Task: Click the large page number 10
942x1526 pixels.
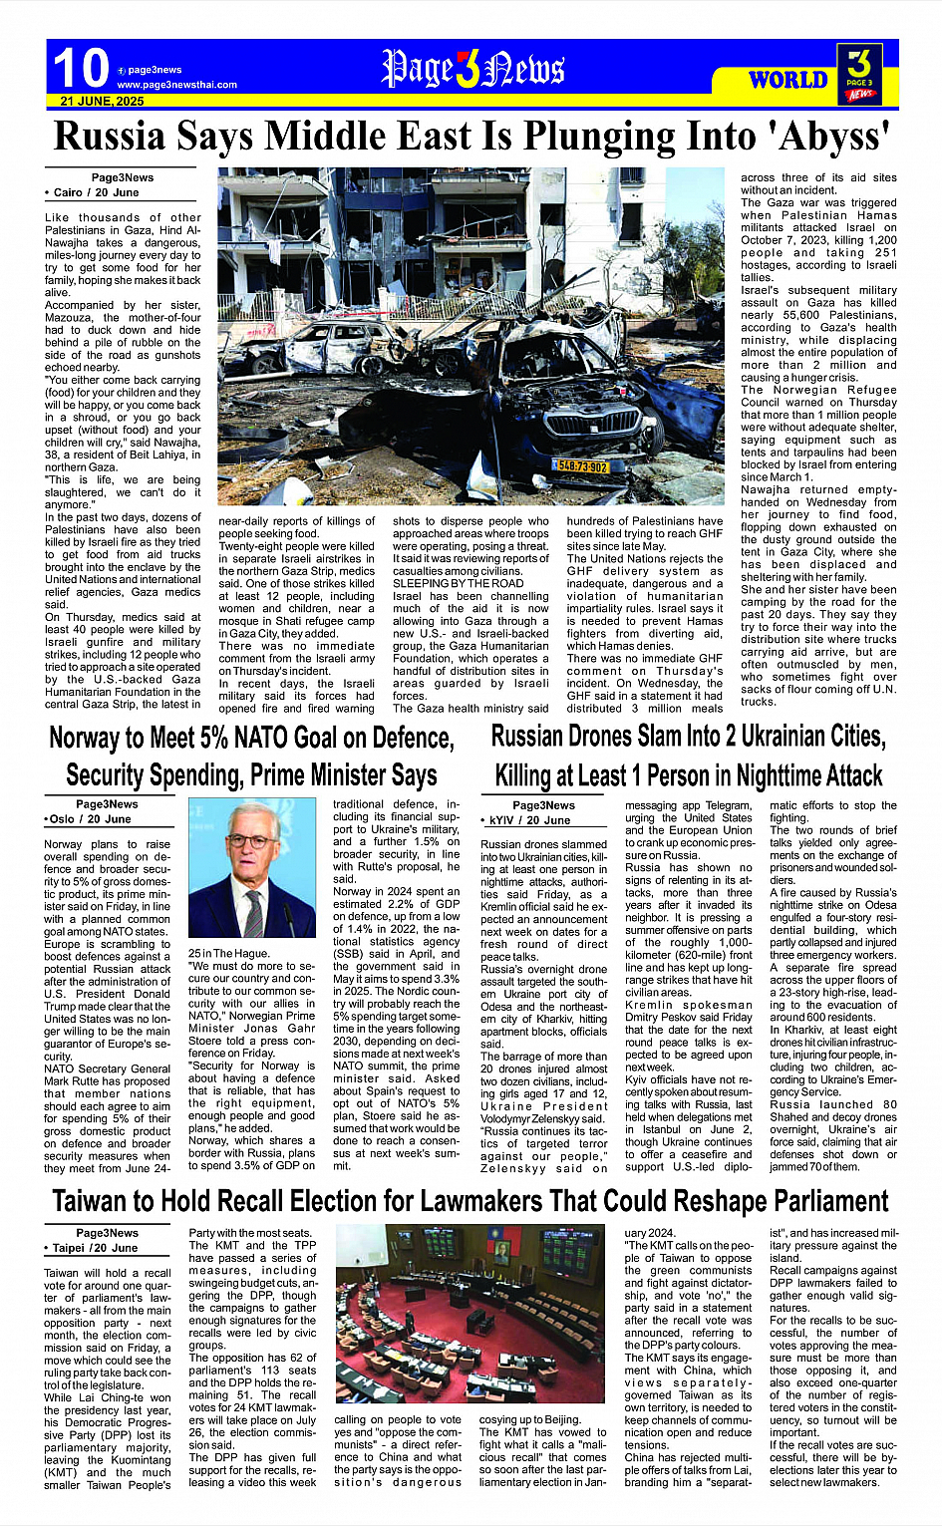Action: [81, 69]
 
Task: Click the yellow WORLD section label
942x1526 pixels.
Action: [787, 80]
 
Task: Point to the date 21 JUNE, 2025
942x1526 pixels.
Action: [102, 102]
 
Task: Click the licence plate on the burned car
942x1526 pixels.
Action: [581, 465]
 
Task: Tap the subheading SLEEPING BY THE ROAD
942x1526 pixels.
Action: [458, 583]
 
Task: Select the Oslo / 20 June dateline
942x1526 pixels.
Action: [90, 818]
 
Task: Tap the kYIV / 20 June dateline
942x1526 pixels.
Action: [528, 820]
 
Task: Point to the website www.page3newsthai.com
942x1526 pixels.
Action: [176, 85]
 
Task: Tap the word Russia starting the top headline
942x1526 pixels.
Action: [110, 137]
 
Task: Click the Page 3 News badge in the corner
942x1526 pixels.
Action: [859, 73]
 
